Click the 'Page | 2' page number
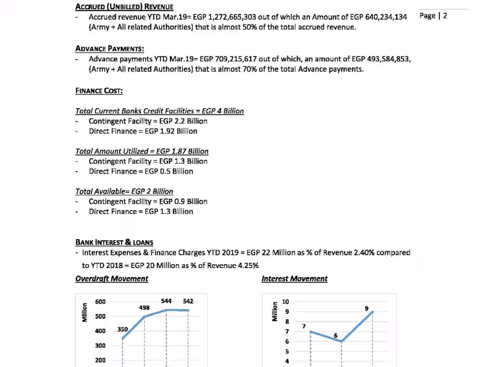click(x=433, y=16)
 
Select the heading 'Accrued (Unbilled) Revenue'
click(x=120, y=7)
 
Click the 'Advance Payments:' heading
click(x=109, y=48)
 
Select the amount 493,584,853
click(x=381, y=59)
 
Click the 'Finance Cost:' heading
click(x=99, y=91)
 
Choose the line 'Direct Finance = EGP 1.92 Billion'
click(x=143, y=131)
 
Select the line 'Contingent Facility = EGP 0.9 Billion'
click(x=148, y=201)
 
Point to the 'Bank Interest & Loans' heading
click(x=114, y=242)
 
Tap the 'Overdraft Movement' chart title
click(x=112, y=279)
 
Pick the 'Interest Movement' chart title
click(x=295, y=279)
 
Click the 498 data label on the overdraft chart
click(x=145, y=308)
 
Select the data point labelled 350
click(x=123, y=339)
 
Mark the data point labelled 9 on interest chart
click(x=372, y=312)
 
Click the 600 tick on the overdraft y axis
click(x=100, y=302)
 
